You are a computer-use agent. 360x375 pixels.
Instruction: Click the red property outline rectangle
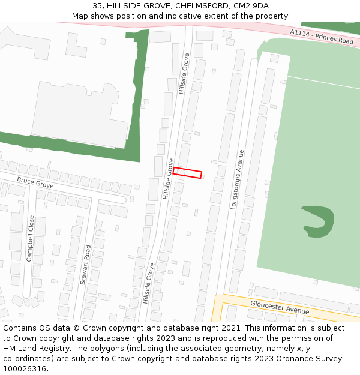coord(187,173)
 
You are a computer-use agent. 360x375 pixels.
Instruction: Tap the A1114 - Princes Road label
coord(322,37)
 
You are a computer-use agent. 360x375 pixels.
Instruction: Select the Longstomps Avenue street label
coord(238,179)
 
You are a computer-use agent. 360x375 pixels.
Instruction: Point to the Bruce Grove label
coord(35,182)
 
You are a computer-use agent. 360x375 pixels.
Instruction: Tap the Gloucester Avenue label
coord(280,307)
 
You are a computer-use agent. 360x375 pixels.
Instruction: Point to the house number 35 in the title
coord(97,6)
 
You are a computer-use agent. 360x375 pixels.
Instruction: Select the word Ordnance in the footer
coord(289,359)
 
